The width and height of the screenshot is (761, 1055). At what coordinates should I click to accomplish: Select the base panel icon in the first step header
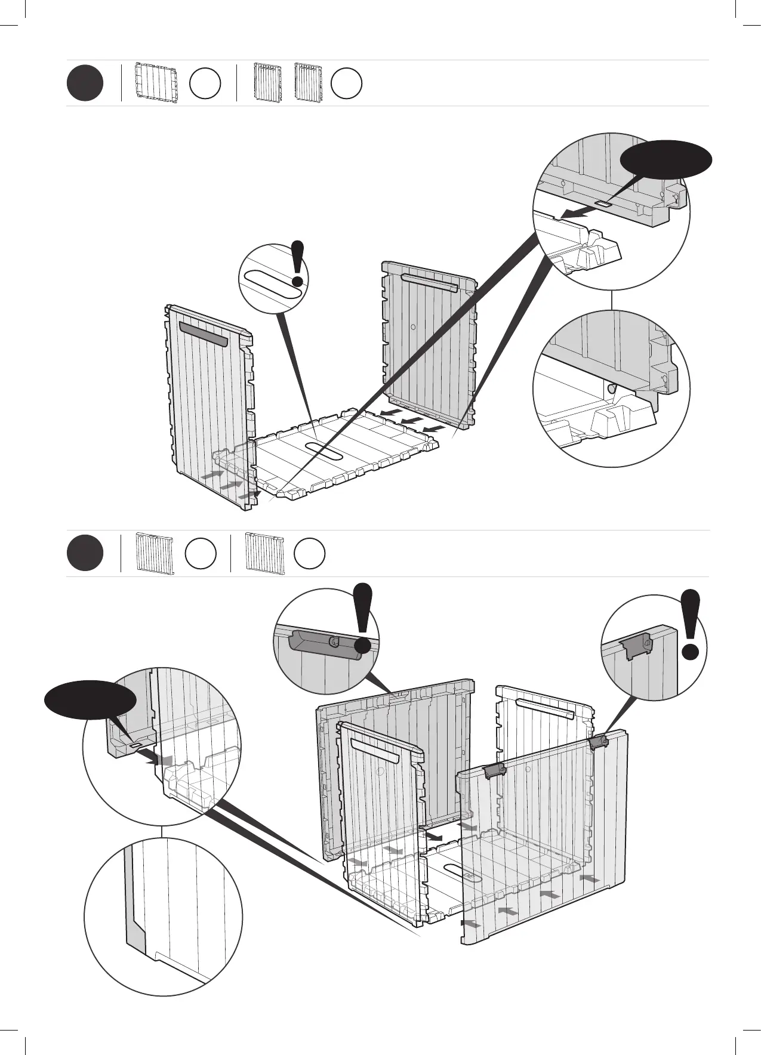tap(156, 83)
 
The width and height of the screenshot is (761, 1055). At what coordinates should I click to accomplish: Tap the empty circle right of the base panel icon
tap(205, 84)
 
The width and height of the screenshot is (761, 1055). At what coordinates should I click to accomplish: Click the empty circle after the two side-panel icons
tap(347, 84)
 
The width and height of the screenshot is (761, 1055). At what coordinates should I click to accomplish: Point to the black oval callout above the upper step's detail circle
tap(666, 160)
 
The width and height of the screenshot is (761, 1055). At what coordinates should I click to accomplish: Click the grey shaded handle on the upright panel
tap(203, 334)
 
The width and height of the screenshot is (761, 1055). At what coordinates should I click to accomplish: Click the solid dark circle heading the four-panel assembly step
tap(85, 554)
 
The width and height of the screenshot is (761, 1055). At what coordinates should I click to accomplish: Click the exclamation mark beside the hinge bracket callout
tap(690, 624)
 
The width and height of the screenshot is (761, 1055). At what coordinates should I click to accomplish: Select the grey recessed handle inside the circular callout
tap(325, 645)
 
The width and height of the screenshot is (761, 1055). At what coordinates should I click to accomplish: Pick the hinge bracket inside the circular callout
tap(637, 646)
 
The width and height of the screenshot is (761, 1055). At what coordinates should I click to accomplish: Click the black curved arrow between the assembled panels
tap(436, 837)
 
